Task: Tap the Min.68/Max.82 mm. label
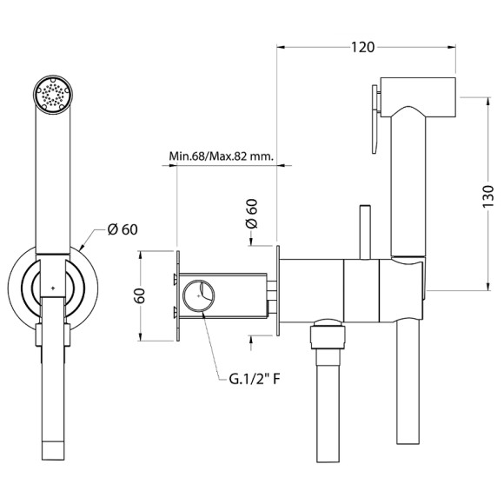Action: (222, 156)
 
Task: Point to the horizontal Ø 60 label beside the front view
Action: (123, 229)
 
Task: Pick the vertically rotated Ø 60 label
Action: (252, 213)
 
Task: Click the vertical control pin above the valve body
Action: (364, 231)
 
